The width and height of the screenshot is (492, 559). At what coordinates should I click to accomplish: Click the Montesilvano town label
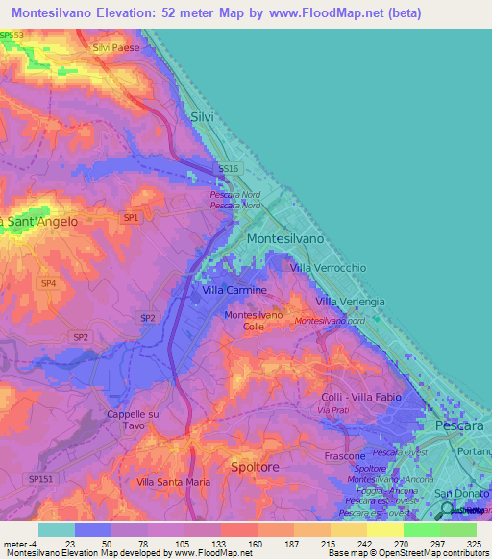285,237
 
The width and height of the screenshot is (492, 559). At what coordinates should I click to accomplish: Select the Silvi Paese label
115,47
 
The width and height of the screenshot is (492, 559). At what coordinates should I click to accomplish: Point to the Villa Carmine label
234,289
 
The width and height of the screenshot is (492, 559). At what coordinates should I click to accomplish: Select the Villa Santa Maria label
173,482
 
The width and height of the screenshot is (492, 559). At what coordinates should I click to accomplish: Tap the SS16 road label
228,168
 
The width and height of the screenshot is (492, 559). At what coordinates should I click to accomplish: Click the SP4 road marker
48,284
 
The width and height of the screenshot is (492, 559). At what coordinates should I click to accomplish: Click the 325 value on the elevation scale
474,544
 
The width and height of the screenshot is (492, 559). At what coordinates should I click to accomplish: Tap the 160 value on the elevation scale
255,544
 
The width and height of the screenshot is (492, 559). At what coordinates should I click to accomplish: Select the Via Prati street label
339,411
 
